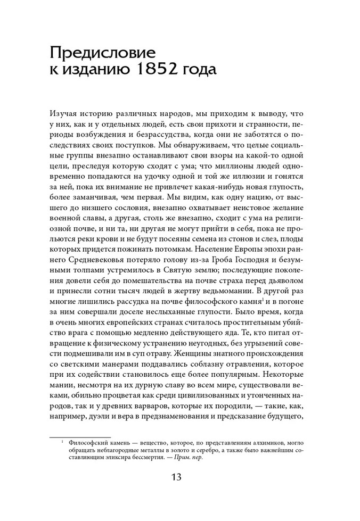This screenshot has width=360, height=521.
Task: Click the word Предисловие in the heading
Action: (102, 53)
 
